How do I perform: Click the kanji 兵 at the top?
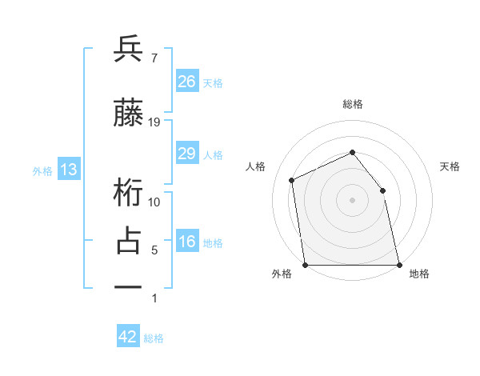pos(129,50)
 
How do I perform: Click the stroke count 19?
pos(154,122)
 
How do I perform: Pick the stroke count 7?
pos(154,58)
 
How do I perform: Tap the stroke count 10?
pos(154,202)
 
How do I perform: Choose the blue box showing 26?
pos(186,81)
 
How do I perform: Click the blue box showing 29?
pos(186,153)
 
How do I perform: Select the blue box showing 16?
pos(186,242)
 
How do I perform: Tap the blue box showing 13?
pos(68,170)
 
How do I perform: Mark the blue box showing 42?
pos(128,337)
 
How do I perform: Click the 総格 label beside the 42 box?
pos(154,338)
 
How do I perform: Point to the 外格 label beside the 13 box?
pos(42,170)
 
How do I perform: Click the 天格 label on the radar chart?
pos(450,166)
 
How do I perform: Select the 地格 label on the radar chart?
pos(419,274)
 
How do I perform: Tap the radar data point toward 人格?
pos(292,180)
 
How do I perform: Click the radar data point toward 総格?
pos(352,152)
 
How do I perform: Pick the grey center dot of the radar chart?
pos(352,200)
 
